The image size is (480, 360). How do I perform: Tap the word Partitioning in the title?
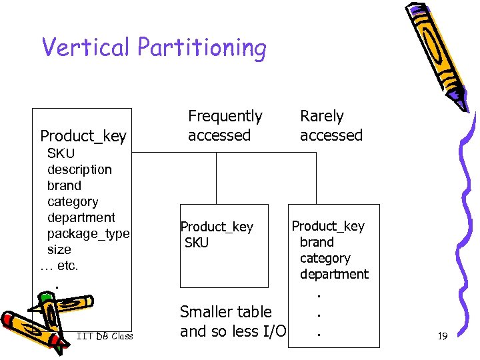click(202, 49)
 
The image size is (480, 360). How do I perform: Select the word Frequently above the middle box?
click(225, 117)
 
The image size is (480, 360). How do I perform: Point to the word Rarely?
click(321, 117)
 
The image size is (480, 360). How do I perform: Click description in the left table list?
click(79, 170)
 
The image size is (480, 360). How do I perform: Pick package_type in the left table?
click(88, 233)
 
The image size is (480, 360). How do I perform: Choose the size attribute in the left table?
click(59, 249)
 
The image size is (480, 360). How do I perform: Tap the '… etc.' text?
click(59, 266)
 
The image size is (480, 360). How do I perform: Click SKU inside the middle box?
click(197, 243)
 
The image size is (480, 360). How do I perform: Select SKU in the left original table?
click(61, 154)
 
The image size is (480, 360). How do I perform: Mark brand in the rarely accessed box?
click(317, 242)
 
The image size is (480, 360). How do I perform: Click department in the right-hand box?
click(334, 274)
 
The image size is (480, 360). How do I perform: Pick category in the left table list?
click(73, 201)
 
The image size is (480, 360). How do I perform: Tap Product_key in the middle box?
click(217, 227)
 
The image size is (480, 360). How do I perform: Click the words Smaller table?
click(226, 312)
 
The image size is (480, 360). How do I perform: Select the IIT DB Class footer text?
click(105, 336)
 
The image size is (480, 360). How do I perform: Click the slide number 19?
click(442, 337)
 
